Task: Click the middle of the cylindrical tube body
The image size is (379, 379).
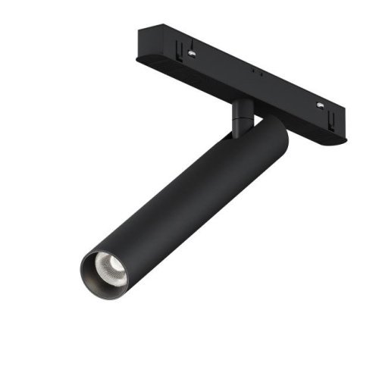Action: (189, 197)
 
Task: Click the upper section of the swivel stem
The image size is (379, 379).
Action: (243, 107)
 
